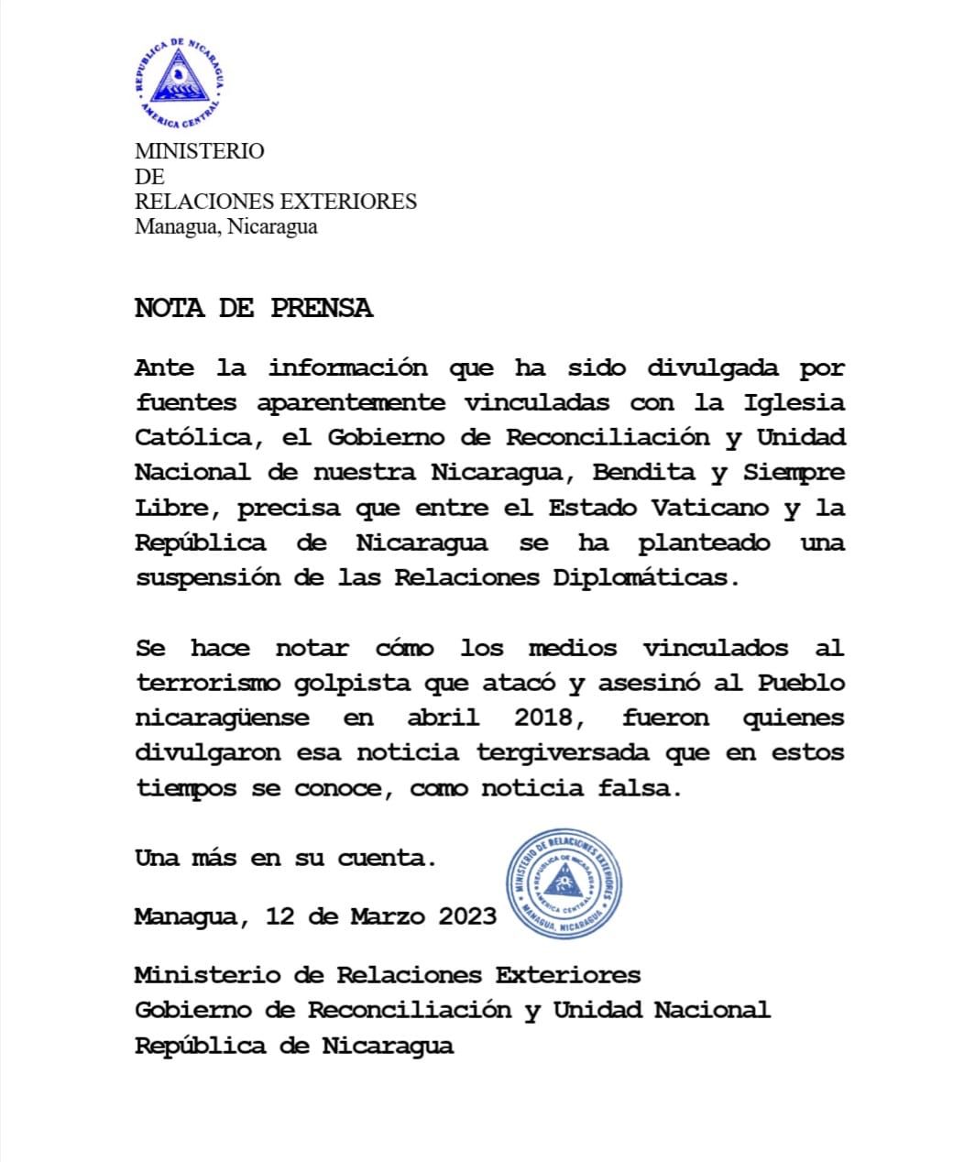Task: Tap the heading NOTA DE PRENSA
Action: pos(254,308)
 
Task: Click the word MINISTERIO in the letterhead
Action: pos(199,151)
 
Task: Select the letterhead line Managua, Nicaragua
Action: pos(225,226)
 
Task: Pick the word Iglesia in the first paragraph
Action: pos(794,403)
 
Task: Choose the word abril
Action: pos(443,718)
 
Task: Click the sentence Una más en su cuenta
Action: pos(285,859)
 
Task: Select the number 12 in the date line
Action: pos(279,916)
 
